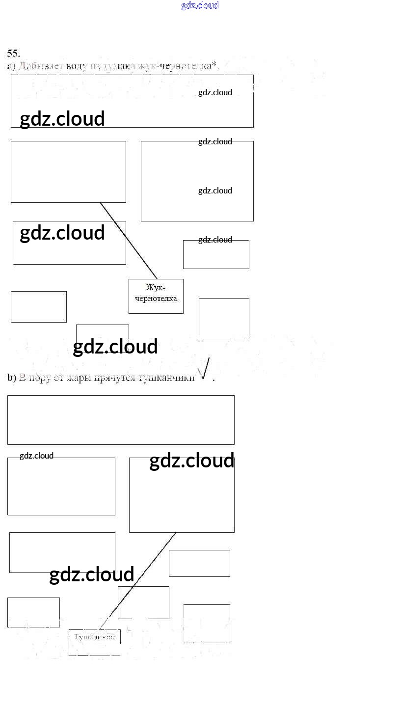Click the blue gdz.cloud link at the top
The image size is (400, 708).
[x=200, y=5]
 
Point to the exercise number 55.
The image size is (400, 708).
[x=13, y=53]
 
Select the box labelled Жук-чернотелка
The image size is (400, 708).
[x=156, y=296]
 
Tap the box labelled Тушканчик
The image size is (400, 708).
[x=94, y=642]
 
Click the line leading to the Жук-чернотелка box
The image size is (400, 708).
[x=129, y=241]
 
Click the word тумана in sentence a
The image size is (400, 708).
[x=116, y=66]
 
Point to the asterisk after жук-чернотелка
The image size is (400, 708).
[x=214, y=65]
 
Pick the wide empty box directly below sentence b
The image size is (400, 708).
[x=121, y=420]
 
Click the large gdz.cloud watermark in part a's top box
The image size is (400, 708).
[x=62, y=119]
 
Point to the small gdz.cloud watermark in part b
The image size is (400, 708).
[x=36, y=456]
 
